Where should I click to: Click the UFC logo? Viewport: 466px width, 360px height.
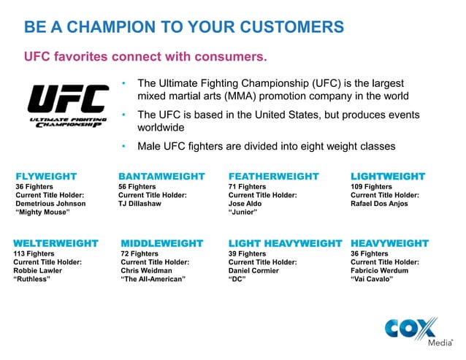pos(66,107)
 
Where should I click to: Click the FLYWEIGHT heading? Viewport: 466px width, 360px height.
pos(46,176)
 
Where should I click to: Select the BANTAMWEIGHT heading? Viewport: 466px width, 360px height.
pos(161,176)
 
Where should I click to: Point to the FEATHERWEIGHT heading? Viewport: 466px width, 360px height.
pos(274,176)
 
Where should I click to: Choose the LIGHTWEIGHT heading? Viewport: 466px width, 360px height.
pos(388,176)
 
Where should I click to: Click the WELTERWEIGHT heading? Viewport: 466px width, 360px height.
pos(56,242)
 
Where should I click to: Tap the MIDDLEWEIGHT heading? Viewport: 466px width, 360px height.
pos(161,242)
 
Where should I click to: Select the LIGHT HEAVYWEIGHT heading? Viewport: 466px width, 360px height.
pos(285,242)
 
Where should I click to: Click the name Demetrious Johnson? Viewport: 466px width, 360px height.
pos(50,204)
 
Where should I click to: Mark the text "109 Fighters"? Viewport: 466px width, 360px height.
pos(372,187)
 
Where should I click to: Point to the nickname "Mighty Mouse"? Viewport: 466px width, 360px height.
pos(42,212)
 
